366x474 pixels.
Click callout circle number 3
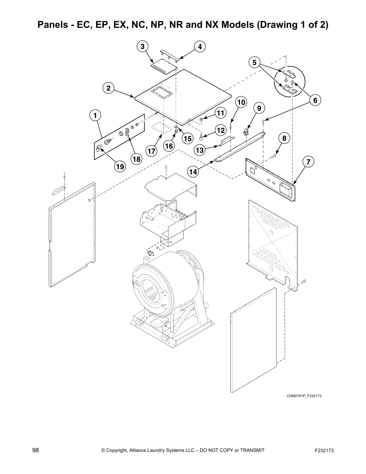coord(142,46)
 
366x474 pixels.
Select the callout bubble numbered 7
coord(308,162)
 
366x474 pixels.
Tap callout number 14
coord(193,172)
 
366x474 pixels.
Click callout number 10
coord(241,102)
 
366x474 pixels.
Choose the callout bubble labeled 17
coord(152,151)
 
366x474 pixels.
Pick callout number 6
coord(315,100)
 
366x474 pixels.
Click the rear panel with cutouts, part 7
coord(269,180)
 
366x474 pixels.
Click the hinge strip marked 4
coord(169,54)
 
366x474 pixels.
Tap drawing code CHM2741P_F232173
coord(304,396)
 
